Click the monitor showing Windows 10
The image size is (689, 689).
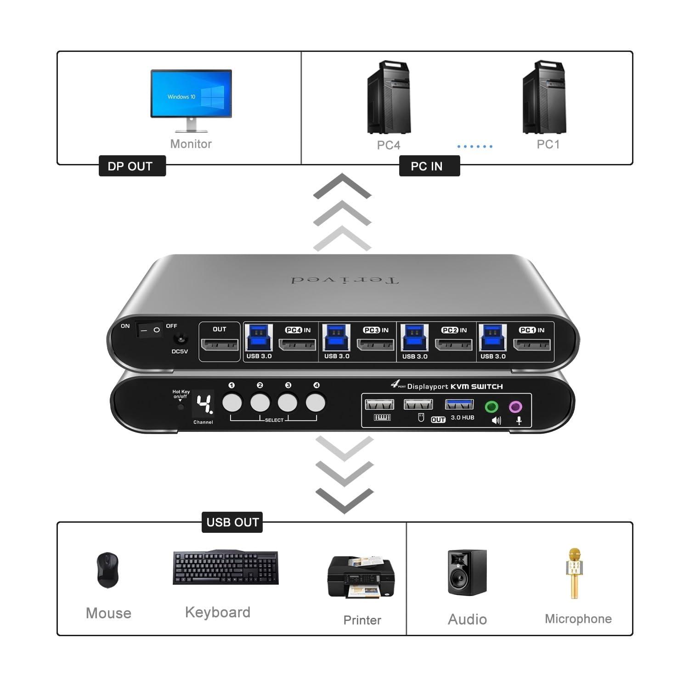click(x=191, y=94)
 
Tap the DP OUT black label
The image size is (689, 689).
click(x=132, y=166)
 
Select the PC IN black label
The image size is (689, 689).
click(x=429, y=166)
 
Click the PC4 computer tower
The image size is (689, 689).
click(x=389, y=97)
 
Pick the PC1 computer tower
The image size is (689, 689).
click(x=545, y=97)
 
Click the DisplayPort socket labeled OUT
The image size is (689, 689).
click(x=220, y=344)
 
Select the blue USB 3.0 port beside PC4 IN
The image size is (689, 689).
click(x=259, y=337)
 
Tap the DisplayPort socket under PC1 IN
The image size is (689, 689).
click(x=532, y=344)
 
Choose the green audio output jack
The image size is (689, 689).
click(x=492, y=407)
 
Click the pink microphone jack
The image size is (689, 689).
click(x=516, y=407)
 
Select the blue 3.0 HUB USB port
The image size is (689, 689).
click(x=459, y=404)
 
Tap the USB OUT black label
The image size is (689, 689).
click(x=232, y=522)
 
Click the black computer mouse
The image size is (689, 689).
click(x=108, y=570)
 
